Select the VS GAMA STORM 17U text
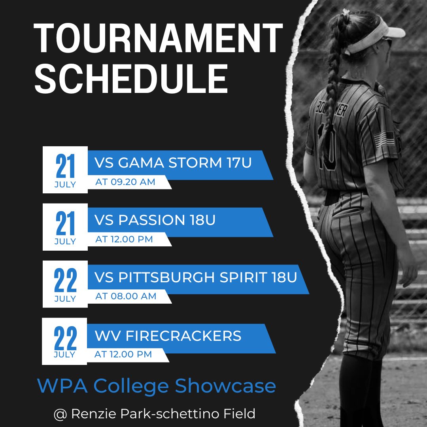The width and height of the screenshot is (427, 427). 173,163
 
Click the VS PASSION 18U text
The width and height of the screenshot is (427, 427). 155,220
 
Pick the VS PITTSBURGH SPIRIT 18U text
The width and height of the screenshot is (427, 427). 195,277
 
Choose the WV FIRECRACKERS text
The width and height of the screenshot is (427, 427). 168,336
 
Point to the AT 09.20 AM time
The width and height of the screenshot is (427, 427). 125,182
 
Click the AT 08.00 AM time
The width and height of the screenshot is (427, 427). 126,296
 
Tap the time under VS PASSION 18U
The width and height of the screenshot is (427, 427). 124,239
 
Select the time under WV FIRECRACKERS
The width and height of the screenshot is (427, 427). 123,354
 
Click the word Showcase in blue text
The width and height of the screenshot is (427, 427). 225,385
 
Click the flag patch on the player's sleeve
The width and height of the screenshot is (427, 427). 384,139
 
